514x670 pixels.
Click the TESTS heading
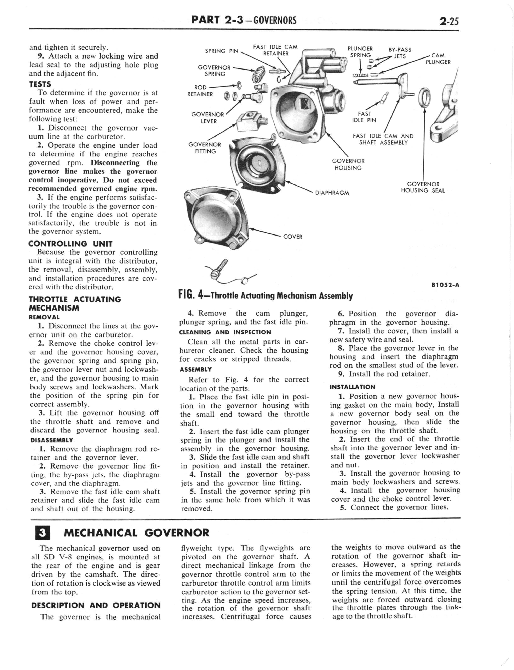pos(40,84)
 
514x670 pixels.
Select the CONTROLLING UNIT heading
pos(70,244)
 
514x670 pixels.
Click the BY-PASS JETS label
pos(400,53)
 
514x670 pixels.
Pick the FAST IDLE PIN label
pos(364,117)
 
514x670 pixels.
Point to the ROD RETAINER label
pos(200,91)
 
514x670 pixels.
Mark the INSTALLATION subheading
pos(353,387)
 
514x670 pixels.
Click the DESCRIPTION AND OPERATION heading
pos(96,605)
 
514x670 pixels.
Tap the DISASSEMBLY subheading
pos(52,440)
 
